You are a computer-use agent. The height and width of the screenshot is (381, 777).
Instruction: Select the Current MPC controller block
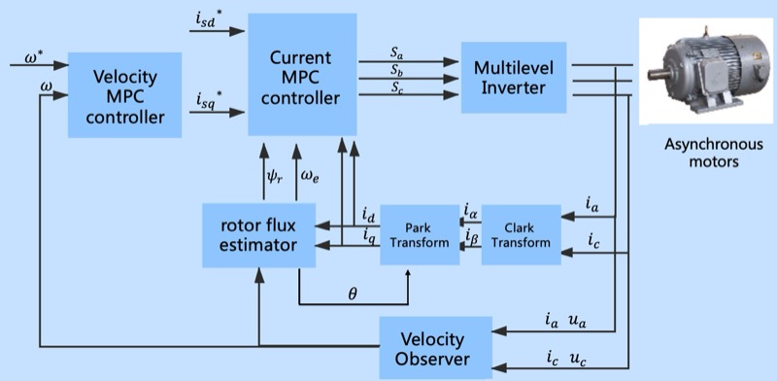tap(301, 75)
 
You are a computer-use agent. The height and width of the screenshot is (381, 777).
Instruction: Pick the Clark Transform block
tap(521, 234)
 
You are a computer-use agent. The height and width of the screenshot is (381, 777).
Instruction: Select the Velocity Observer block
tap(436, 349)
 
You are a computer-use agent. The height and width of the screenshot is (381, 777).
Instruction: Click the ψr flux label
tap(275, 177)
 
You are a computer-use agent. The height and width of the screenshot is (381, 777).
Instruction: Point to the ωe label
tap(316, 177)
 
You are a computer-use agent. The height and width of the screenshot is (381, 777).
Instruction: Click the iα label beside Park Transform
tap(470, 211)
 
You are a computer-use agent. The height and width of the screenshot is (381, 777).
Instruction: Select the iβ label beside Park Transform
tap(470, 235)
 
